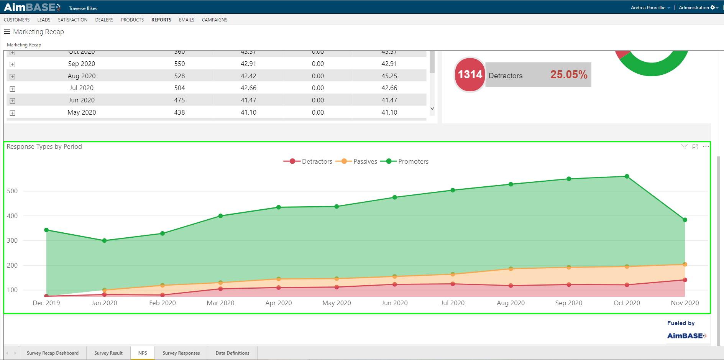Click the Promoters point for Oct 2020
[x=627, y=176]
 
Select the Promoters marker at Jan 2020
[x=104, y=241]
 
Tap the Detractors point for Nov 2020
[x=685, y=280]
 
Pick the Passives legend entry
[x=357, y=161]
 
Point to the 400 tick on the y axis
[x=12, y=216]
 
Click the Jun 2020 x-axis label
[x=394, y=303]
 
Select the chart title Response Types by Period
[x=44, y=146]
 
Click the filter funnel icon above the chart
[x=684, y=146]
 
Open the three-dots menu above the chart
[x=706, y=146]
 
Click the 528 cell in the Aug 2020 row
[x=179, y=76]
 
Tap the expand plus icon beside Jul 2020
[x=12, y=89]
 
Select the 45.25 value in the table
[x=389, y=76]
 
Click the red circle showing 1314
[x=470, y=74]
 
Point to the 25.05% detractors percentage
[x=569, y=74]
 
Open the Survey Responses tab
[x=181, y=353]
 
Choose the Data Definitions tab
[x=232, y=353]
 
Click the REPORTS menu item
[x=161, y=20]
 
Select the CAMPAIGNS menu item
[x=214, y=20]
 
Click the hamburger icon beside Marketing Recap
[x=7, y=32]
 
